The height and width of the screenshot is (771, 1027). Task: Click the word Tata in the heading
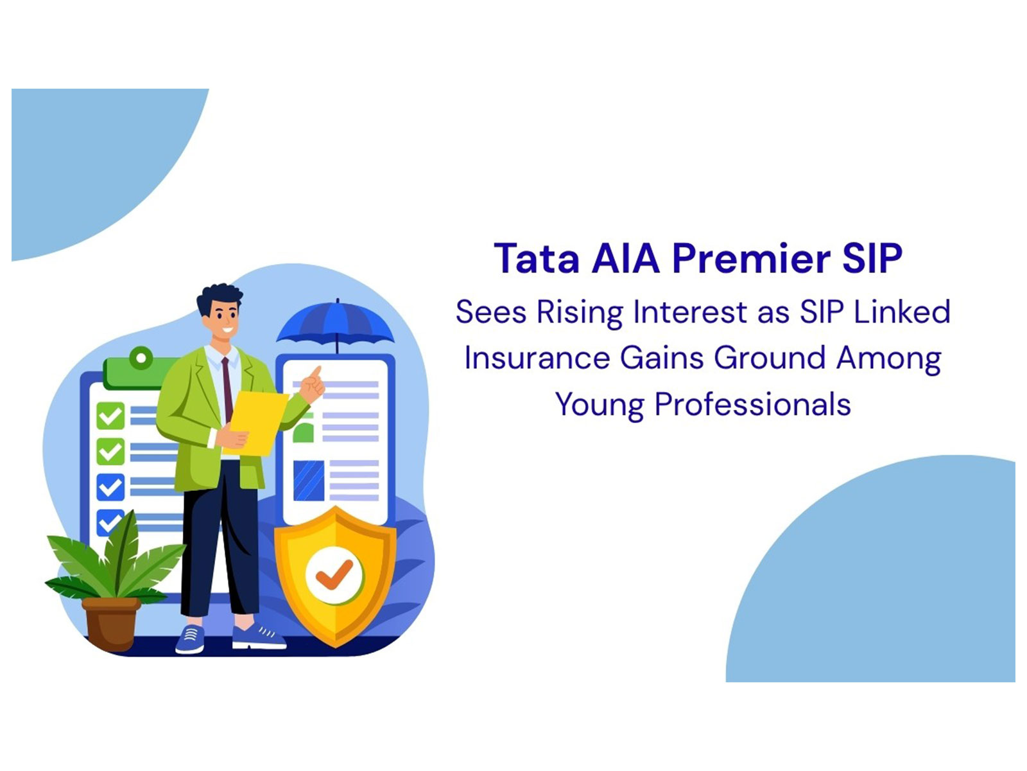(536, 259)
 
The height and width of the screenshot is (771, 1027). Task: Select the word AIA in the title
(625, 259)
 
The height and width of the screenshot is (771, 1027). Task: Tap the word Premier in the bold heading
(751, 259)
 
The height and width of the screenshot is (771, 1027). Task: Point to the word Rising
(579, 313)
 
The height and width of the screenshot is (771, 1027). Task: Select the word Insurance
(536, 358)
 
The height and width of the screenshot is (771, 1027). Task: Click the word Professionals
(752, 405)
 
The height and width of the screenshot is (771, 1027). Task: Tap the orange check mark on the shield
(334, 574)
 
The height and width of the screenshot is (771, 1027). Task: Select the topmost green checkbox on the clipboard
(110, 416)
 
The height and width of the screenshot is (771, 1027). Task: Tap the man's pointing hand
(313, 385)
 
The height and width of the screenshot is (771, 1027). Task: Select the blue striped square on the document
(309, 481)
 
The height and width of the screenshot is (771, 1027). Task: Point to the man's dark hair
(220, 297)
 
